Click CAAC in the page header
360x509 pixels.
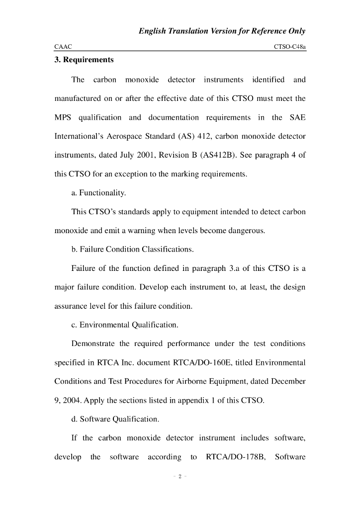coord(63,46)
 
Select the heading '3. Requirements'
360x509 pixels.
coord(84,60)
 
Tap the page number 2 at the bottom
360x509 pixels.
coord(180,477)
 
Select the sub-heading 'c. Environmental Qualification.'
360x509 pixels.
coord(125,325)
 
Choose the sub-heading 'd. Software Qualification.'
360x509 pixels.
coord(115,419)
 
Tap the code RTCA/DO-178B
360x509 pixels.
coord(234,457)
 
